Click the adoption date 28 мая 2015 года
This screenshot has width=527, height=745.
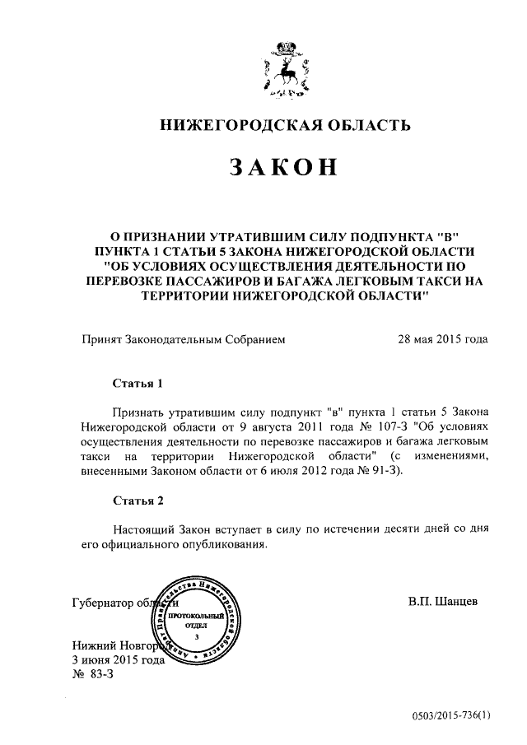tap(442, 339)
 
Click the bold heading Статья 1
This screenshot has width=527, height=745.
tap(132, 384)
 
